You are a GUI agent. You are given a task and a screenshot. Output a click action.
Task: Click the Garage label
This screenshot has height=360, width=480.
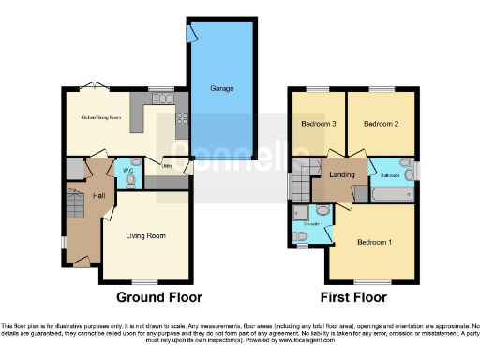point(221,89)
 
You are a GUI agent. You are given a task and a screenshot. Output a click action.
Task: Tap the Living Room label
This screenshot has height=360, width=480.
point(146,236)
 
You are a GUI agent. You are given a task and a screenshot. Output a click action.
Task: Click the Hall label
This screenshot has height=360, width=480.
point(97,195)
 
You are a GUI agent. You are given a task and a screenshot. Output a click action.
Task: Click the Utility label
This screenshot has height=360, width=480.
point(168,165)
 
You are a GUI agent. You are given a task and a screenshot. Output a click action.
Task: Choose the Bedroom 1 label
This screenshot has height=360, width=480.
point(373,242)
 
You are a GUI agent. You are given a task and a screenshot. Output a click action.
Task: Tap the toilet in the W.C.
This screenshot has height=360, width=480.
point(131,180)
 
